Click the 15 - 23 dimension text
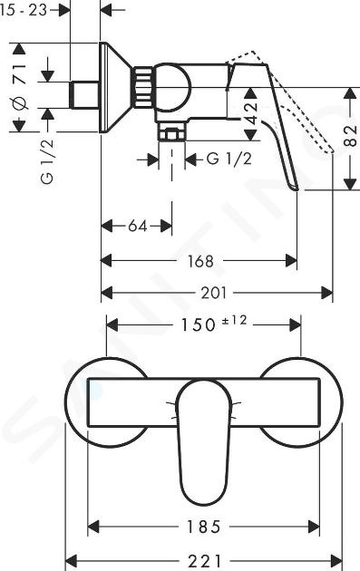pyautogui.click(x=24, y=9)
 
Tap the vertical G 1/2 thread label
pyautogui.click(x=47, y=161)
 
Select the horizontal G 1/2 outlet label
pyautogui.click(x=229, y=160)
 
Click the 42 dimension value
pyautogui.click(x=250, y=113)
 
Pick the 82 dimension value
pyautogui.click(x=351, y=136)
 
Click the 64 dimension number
pyautogui.click(x=137, y=227)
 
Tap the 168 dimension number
pyautogui.click(x=200, y=261)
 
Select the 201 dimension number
pyautogui.click(x=214, y=293)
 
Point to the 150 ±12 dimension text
pyautogui.click(x=215, y=324)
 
